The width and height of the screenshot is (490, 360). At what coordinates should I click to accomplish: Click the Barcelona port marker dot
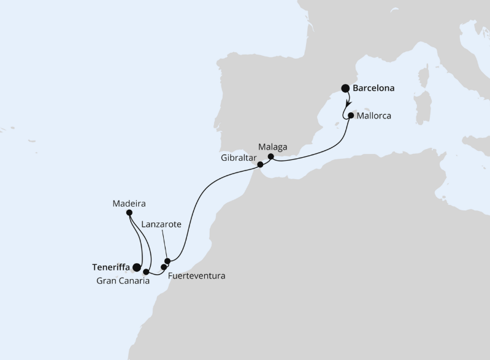pos(345,88)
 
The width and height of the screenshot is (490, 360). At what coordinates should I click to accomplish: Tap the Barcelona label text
pos(374,88)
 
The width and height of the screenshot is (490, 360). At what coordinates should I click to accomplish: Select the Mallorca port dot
pos(350,115)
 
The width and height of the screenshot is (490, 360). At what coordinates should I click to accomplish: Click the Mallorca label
pos(373,115)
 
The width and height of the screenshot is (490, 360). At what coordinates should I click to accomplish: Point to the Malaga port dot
pos(270,156)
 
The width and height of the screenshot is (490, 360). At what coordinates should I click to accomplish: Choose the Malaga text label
pos(273,147)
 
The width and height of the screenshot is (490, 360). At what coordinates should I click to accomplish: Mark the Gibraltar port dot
pos(260,164)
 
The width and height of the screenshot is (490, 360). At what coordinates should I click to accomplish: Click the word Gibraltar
pos(238,158)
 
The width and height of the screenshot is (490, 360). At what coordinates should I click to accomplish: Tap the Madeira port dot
pos(129,213)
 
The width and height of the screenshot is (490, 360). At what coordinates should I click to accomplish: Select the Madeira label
pos(129,202)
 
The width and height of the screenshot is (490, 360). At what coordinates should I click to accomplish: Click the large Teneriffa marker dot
pos(136,267)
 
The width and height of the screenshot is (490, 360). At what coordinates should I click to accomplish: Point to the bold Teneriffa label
pos(111,267)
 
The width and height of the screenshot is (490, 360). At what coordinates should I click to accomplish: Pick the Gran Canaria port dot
pos(146,272)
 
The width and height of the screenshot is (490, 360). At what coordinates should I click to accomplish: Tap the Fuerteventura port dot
pos(164,267)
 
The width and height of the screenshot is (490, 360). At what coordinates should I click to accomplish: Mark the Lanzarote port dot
pos(167,261)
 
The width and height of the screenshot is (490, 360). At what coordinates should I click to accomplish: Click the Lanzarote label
pos(161,224)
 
